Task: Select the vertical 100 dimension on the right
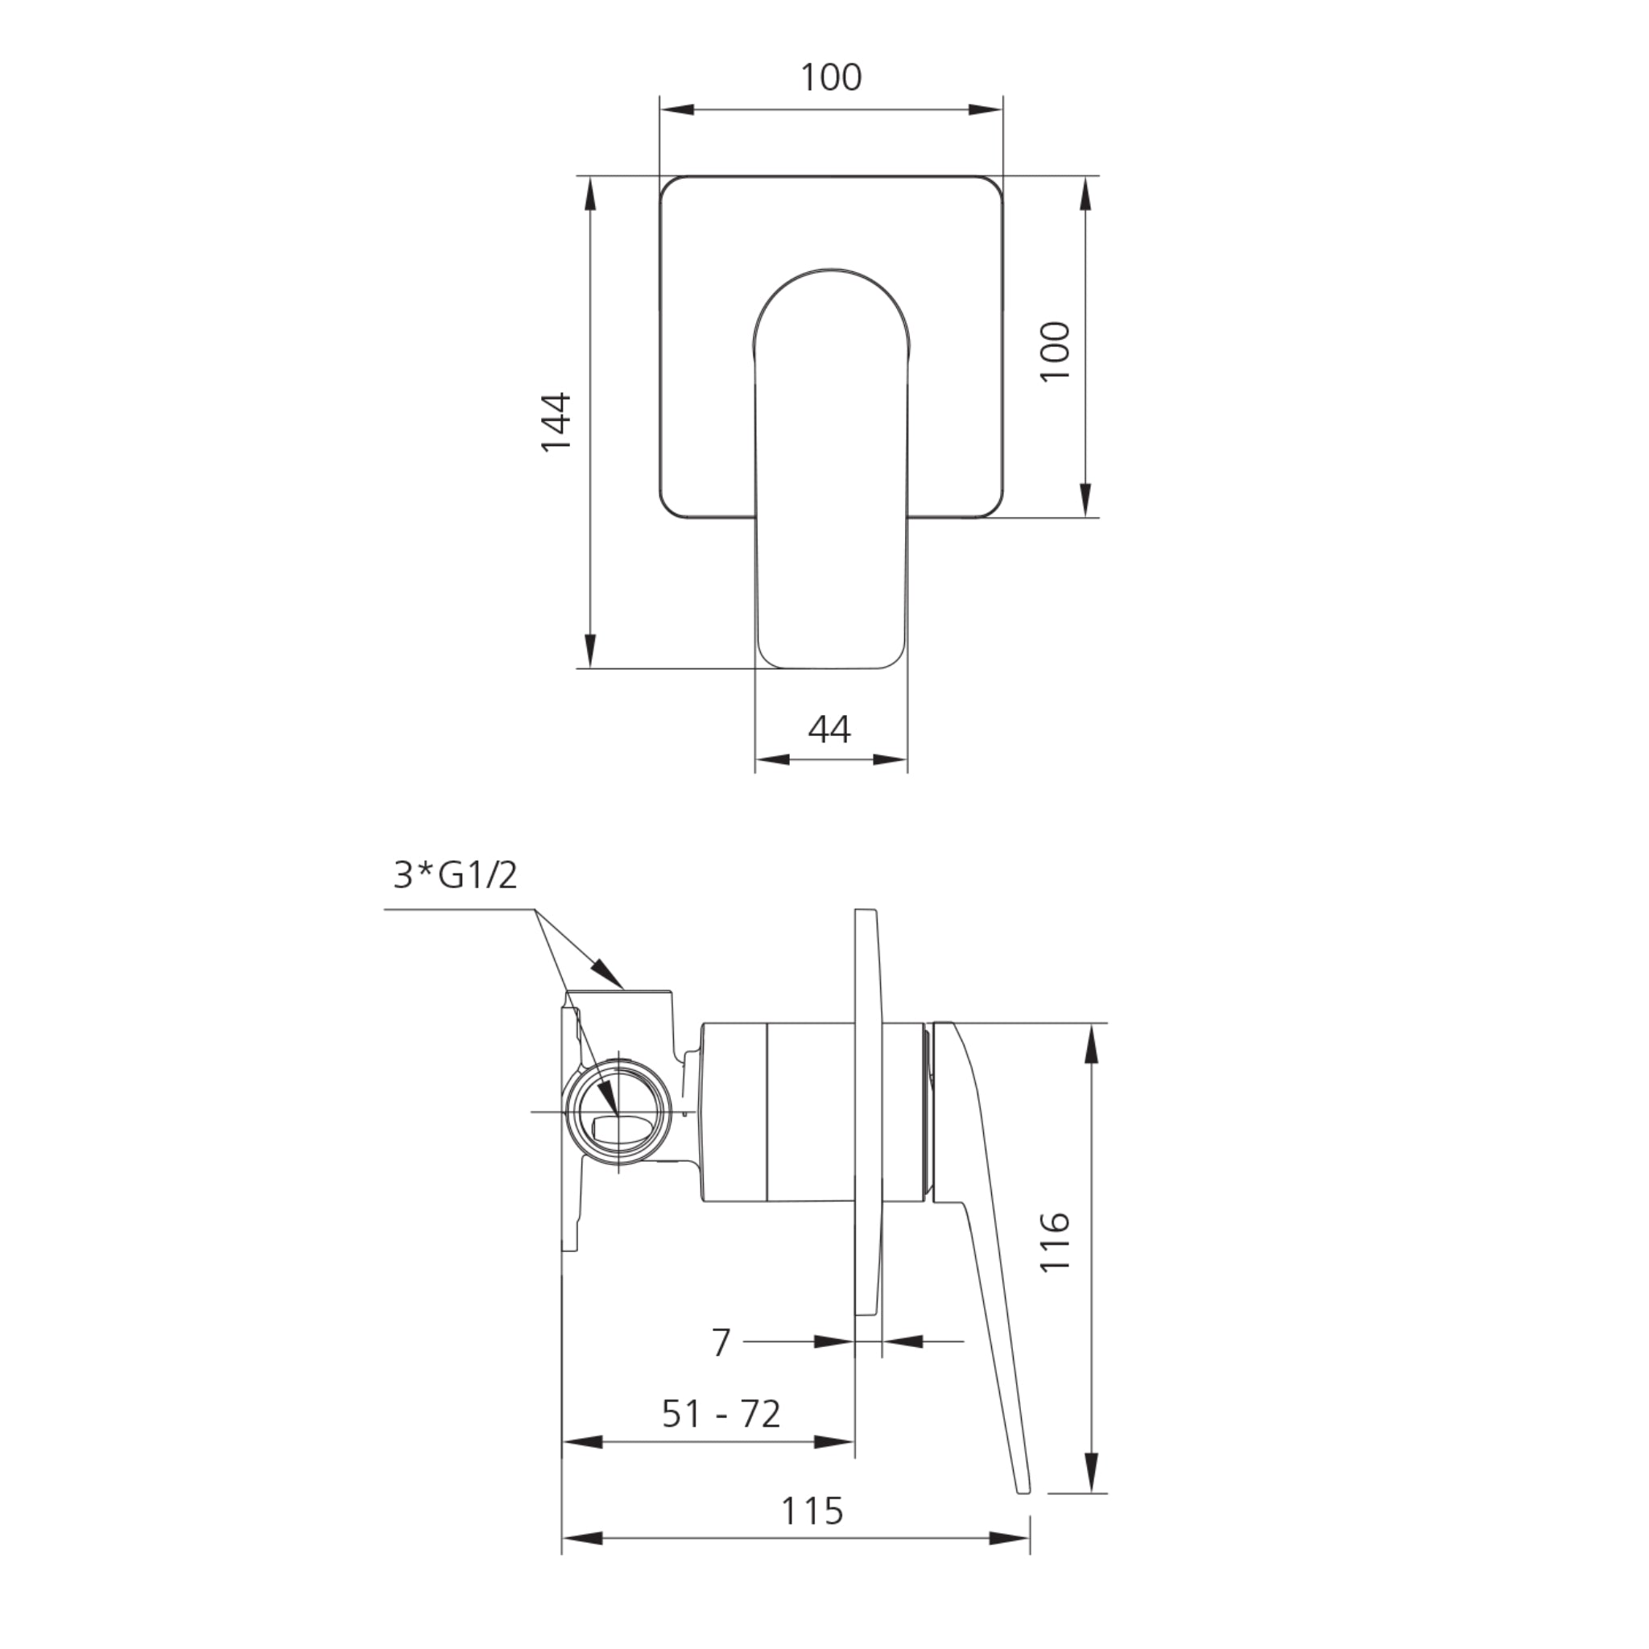pyautogui.click(x=1056, y=351)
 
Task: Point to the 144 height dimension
pyautogui.click(x=556, y=422)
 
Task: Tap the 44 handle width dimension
pyautogui.click(x=829, y=729)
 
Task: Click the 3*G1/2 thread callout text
pyautogui.click(x=455, y=876)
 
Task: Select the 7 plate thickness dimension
pyautogui.click(x=721, y=1342)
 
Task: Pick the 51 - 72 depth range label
pyautogui.click(x=721, y=1414)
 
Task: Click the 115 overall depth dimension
pyautogui.click(x=812, y=1511)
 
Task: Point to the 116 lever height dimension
pyautogui.click(x=1056, y=1241)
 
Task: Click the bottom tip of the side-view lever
pyautogui.click(x=1023, y=1489)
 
